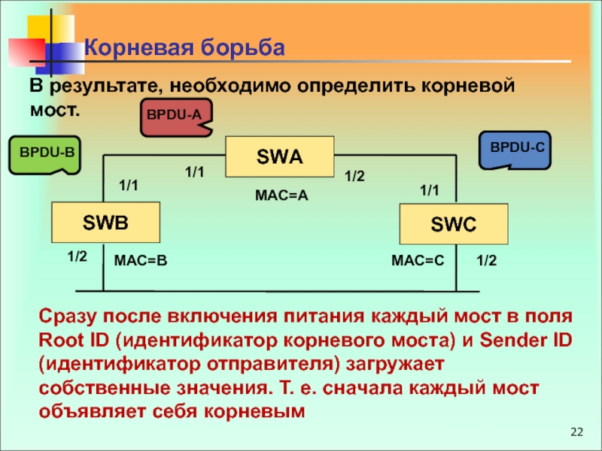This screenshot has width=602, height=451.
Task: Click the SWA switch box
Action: (x=280, y=157)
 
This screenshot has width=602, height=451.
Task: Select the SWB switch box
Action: (x=106, y=222)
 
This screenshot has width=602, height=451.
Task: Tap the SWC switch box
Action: (x=453, y=223)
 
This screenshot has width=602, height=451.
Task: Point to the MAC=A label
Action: (x=282, y=195)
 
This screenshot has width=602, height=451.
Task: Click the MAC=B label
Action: (x=140, y=260)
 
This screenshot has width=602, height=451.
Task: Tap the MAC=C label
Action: (x=418, y=260)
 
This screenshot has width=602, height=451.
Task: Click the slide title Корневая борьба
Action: (x=184, y=48)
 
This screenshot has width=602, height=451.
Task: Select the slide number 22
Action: (x=577, y=431)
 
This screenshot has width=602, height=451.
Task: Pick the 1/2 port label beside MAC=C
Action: (x=487, y=260)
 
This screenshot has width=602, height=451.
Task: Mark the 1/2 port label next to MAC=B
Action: (x=78, y=257)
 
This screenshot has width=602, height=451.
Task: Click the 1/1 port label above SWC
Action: (x=429, y=191)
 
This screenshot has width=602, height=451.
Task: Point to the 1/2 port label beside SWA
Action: (x=354, y=176)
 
